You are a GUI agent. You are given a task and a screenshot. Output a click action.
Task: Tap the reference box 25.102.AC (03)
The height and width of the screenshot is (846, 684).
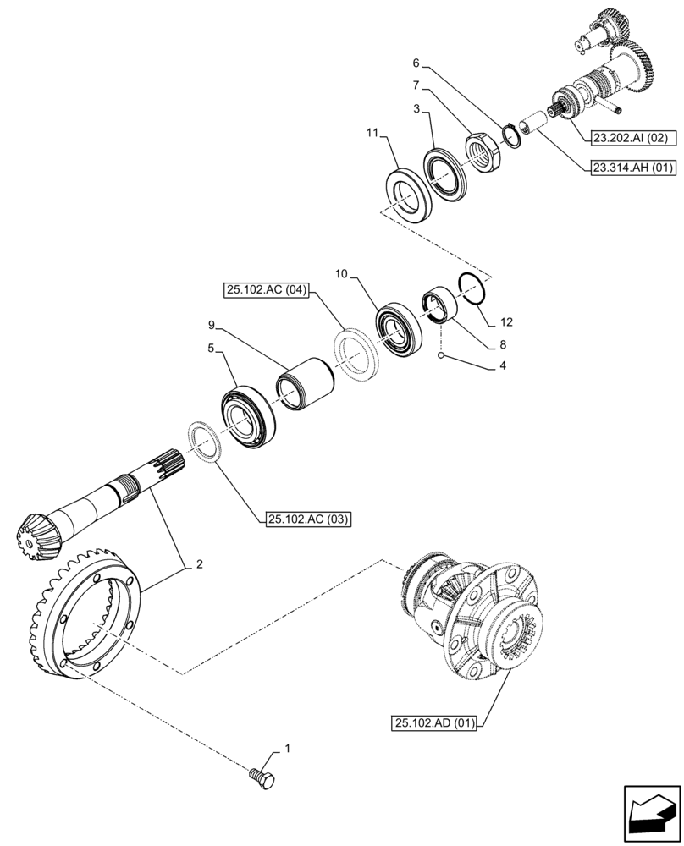(306, 518)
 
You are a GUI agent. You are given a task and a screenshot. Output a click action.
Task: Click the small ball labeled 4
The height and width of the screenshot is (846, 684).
(441, 357)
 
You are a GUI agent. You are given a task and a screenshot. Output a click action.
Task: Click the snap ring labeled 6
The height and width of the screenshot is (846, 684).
(510, 135)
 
